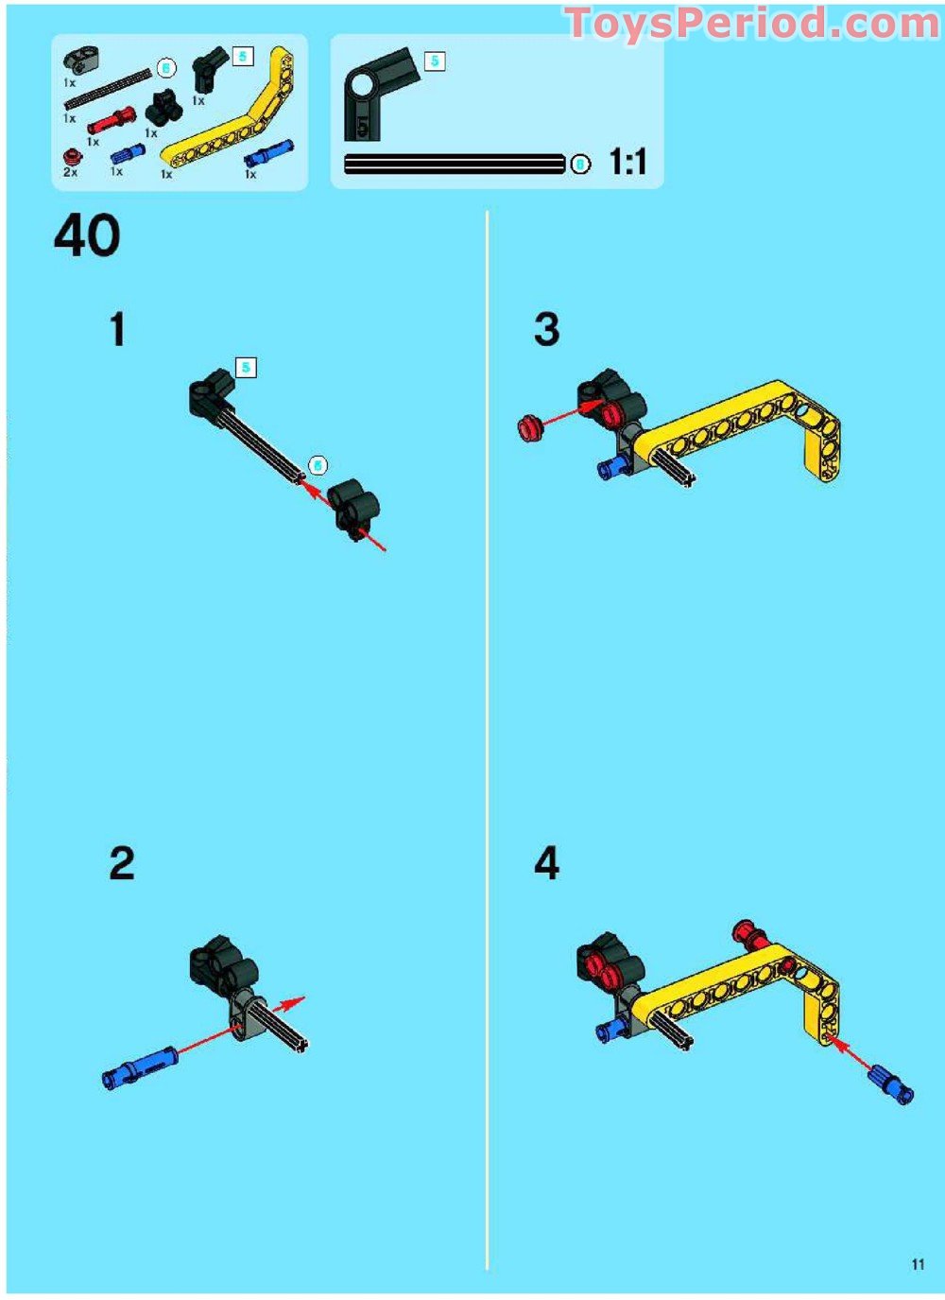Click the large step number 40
(x=87, y=236)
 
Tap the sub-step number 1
(x=117, y=330)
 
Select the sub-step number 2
(x=122, y=863)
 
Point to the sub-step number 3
(x=546, y=330)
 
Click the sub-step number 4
(x=546, y=863)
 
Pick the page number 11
(x=918, y=1264)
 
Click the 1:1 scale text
(x=628, y=163)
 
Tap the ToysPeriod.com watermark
(x=752, y=24)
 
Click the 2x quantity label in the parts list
(x=71, y=173)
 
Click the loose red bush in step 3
(x=530, y=428)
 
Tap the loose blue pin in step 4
(x=891, y=1083)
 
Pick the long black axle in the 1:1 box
(x=454, y=165)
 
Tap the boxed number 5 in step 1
(x=246, y=368)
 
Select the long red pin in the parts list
(x=112, y=122)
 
